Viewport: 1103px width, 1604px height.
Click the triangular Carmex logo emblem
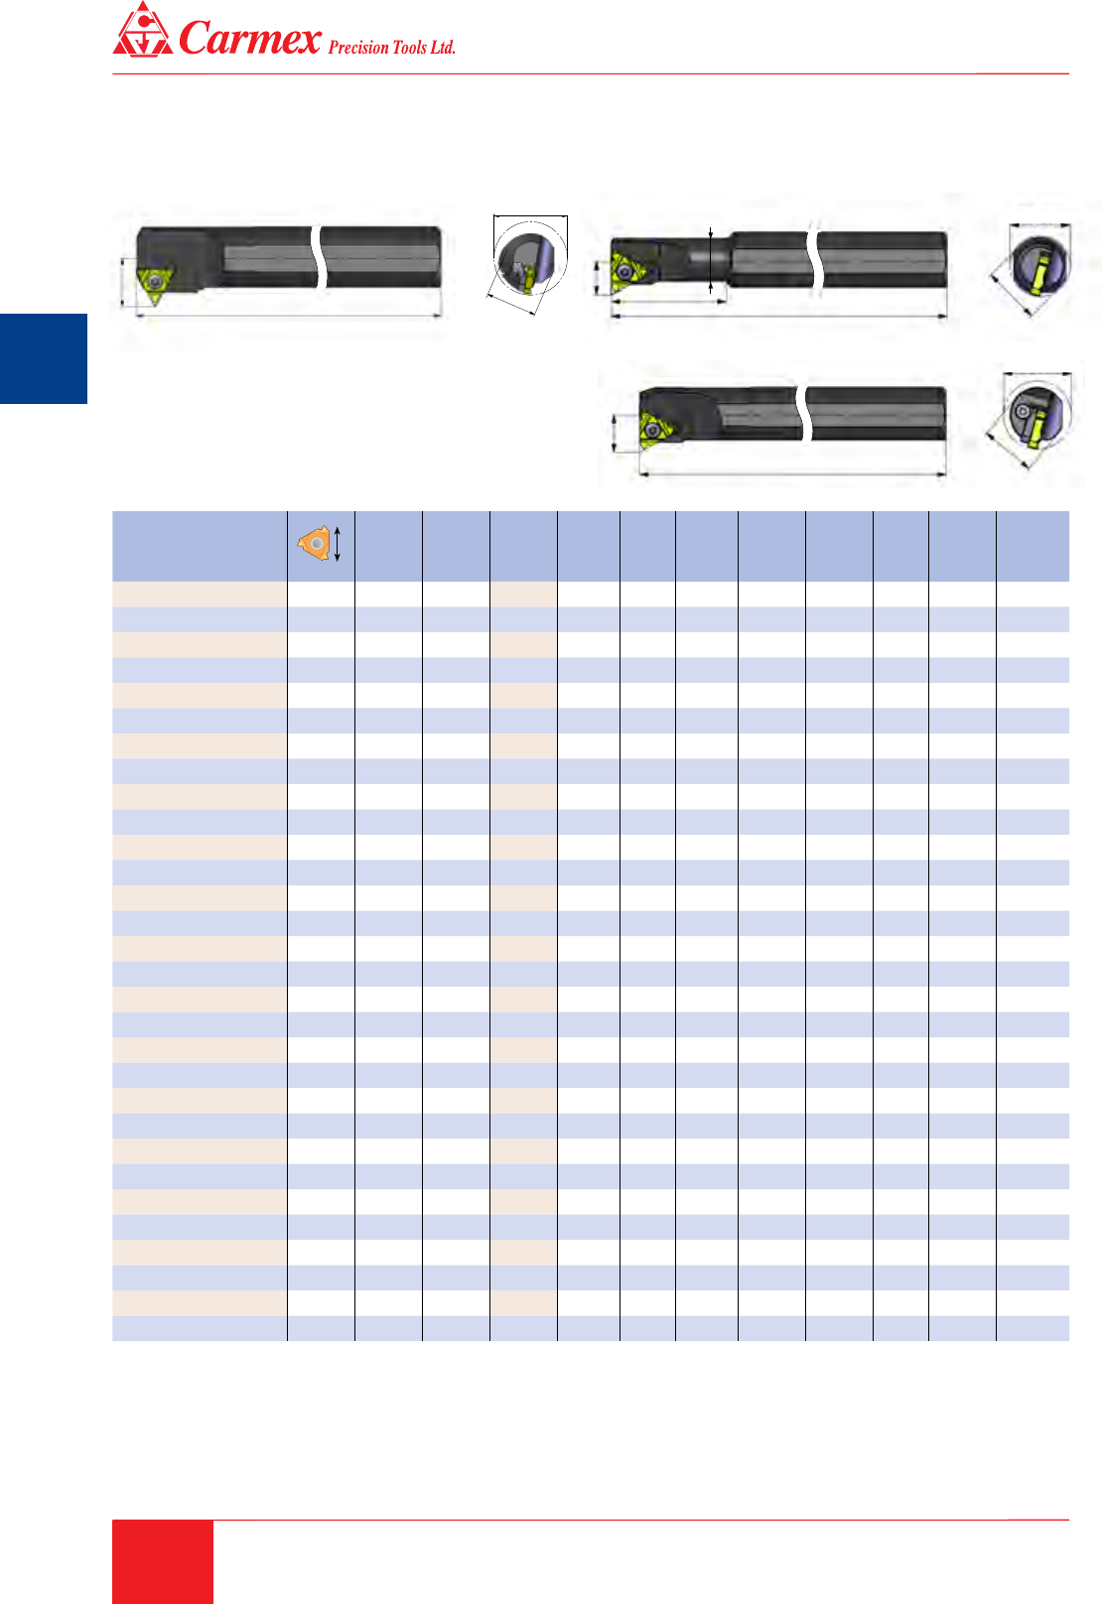tap(143, 30)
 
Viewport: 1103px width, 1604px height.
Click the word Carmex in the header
tap(250, 38)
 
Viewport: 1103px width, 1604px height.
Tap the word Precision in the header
tap(358, 48)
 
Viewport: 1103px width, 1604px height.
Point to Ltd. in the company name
tap(443, 48)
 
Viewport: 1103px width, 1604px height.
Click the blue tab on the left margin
tap(44, 358)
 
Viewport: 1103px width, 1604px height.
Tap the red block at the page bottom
tap(163, 1562)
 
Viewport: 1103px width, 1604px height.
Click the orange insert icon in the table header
tap(314, 544)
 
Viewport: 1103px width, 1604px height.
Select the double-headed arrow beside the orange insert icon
tap(338, 544)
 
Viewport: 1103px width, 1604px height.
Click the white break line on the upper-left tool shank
tap(321, 257)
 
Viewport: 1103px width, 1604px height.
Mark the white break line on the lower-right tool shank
tap(804, 414)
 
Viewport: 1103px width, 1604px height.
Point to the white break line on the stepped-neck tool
tap(814, 259)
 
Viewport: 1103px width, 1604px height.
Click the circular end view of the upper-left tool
tap(530, 258)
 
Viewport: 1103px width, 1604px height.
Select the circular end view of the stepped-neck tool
tap(1040, 262)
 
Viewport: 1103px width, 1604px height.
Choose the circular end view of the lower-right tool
tap(1037, 414)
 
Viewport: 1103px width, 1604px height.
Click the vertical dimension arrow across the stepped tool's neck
tap(711, 260)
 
